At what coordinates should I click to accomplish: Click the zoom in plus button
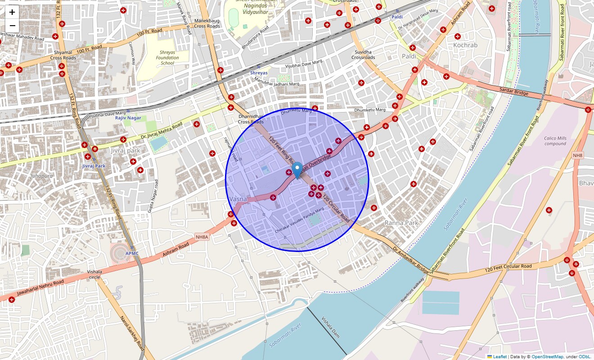click(12, 12)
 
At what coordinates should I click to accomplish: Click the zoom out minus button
click(12, 26)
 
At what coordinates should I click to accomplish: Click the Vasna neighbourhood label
click(238, 199)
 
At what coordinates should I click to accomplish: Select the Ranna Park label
click(401, 223)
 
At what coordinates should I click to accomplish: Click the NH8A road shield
click(202, 237)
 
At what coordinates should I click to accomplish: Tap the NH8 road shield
click(577, 155)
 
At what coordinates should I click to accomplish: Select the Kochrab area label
click(465, 45)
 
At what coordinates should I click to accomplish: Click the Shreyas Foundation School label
click(167, 58)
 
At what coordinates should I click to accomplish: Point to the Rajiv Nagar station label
click(128, 118)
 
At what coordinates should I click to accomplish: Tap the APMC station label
click(132, 253)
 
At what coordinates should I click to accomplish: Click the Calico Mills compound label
click(555, 141)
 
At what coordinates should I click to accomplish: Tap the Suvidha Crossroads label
click(363, 54)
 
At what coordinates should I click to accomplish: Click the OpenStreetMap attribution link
click(547, 357)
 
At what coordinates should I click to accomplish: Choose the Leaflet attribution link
click(499, 357)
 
